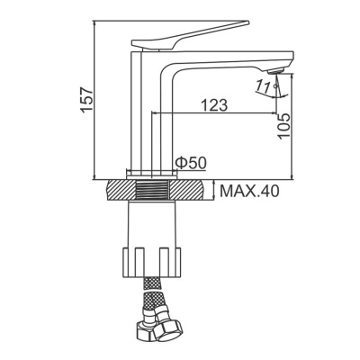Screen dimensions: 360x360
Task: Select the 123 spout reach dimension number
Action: [x=212, y=104]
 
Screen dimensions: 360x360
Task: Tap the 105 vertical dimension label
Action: [x=284, y=121]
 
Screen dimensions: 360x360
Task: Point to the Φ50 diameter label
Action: [x=193, y=162]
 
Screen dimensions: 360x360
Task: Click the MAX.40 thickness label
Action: [x=253, y=191]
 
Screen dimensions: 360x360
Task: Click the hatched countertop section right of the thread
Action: [x=193, y=191]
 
